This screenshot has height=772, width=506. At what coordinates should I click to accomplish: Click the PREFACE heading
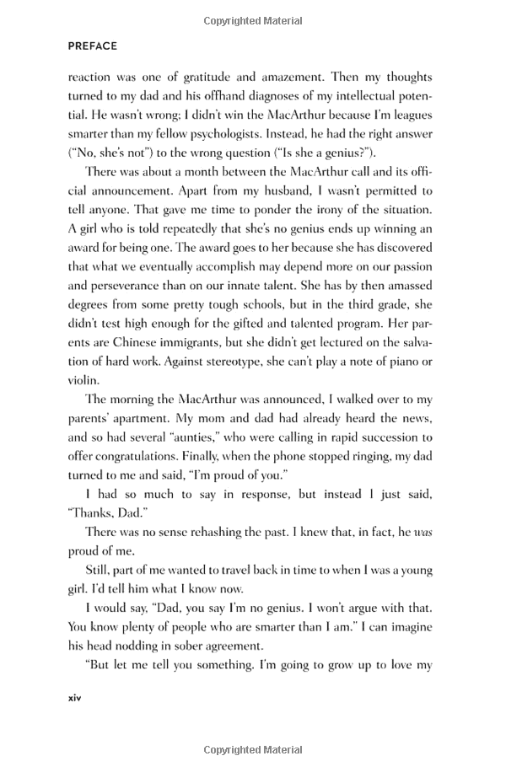(93, 46)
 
